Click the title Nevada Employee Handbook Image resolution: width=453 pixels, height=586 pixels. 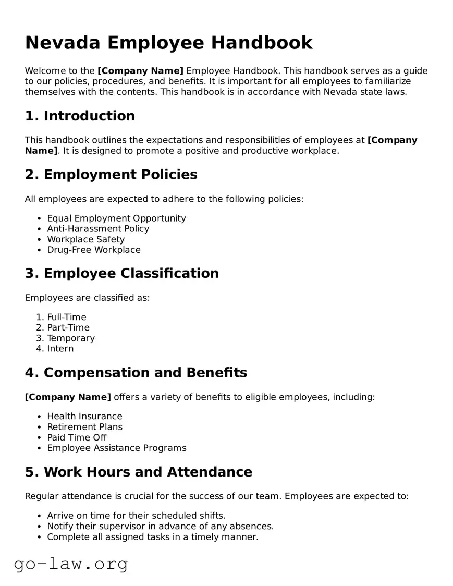pos(168,43)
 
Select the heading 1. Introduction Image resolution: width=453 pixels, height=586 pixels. pos(80,116)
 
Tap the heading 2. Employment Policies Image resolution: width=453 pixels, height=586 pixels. pos(111,174)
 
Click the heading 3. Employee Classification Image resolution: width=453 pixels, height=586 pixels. pos(121,273)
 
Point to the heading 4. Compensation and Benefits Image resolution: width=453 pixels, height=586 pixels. pos(136,373)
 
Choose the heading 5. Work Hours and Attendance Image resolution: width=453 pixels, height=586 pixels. pos(138,472)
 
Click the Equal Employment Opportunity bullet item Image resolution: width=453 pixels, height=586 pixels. pos(116,218)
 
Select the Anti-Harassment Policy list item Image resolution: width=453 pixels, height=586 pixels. pos(98,228)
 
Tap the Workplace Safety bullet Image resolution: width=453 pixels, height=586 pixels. pos(85,239)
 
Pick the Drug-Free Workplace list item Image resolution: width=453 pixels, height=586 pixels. pos(94,250)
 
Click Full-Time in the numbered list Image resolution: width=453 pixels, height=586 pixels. pos(67,317)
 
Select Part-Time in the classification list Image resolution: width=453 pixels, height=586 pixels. pos(68,327)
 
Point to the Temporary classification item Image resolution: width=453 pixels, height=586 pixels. pos(71,338)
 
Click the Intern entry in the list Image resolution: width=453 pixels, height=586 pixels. pos(60,348)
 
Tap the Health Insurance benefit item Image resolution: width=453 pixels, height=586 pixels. pos(84,416)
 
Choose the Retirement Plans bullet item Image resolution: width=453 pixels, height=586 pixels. pos(85,426)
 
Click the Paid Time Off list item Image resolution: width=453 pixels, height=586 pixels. pos(77,437)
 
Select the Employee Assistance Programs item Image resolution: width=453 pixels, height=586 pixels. pos(116,448)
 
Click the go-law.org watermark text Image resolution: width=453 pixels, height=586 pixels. pos(71,564)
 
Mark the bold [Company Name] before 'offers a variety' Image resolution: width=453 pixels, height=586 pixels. pos(68,397)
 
